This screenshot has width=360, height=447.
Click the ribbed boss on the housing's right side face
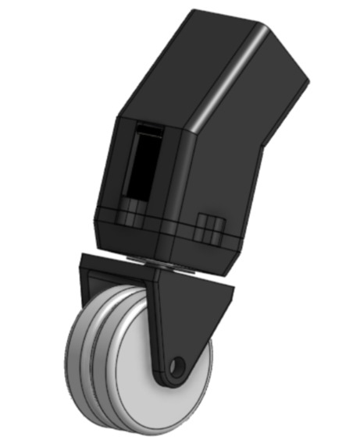208,227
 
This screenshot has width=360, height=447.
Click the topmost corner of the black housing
195,11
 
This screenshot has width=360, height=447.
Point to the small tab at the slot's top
152,128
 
